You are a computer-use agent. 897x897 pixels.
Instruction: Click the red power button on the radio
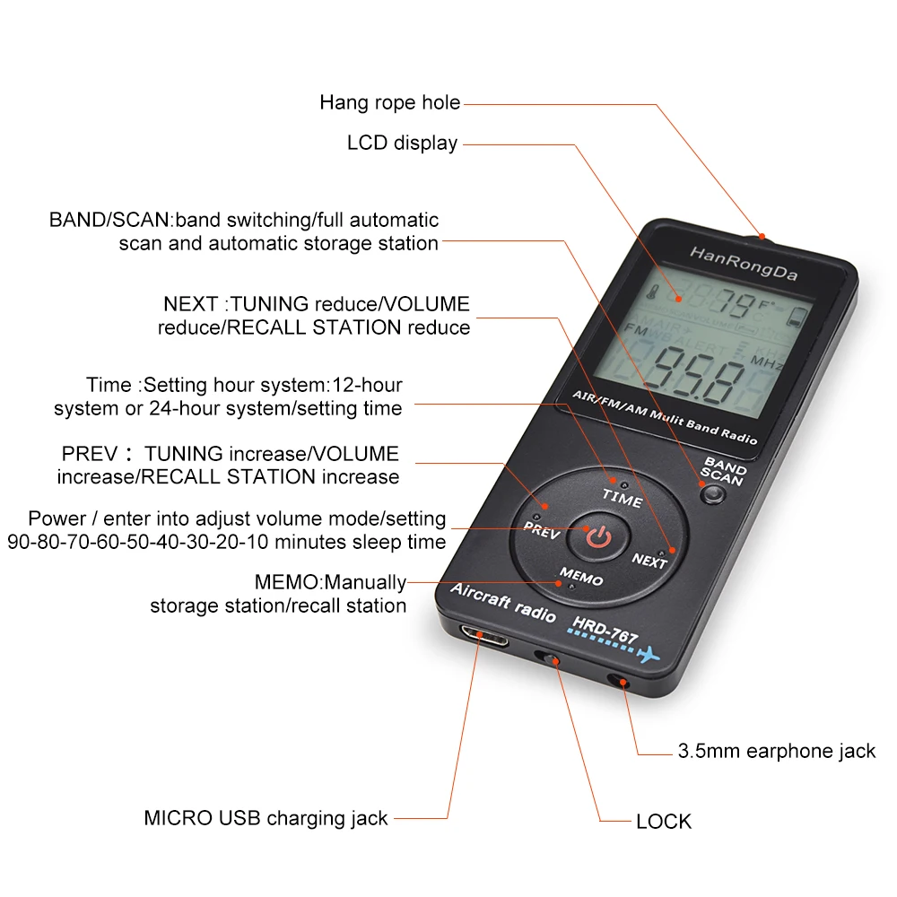[599, 536]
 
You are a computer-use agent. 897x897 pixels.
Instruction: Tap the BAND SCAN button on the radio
[714, 492]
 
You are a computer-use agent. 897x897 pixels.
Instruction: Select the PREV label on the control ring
[542, 530]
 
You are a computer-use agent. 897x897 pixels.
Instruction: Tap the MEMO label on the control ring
[581, 576]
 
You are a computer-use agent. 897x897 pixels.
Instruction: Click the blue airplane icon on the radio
[648, 655]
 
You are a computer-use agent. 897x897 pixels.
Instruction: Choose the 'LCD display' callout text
[402, 143]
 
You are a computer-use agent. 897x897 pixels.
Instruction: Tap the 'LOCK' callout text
[664, 821]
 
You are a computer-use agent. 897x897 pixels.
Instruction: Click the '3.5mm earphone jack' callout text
[776, 752]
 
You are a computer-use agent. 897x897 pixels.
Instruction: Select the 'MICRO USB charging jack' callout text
[266, 818]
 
